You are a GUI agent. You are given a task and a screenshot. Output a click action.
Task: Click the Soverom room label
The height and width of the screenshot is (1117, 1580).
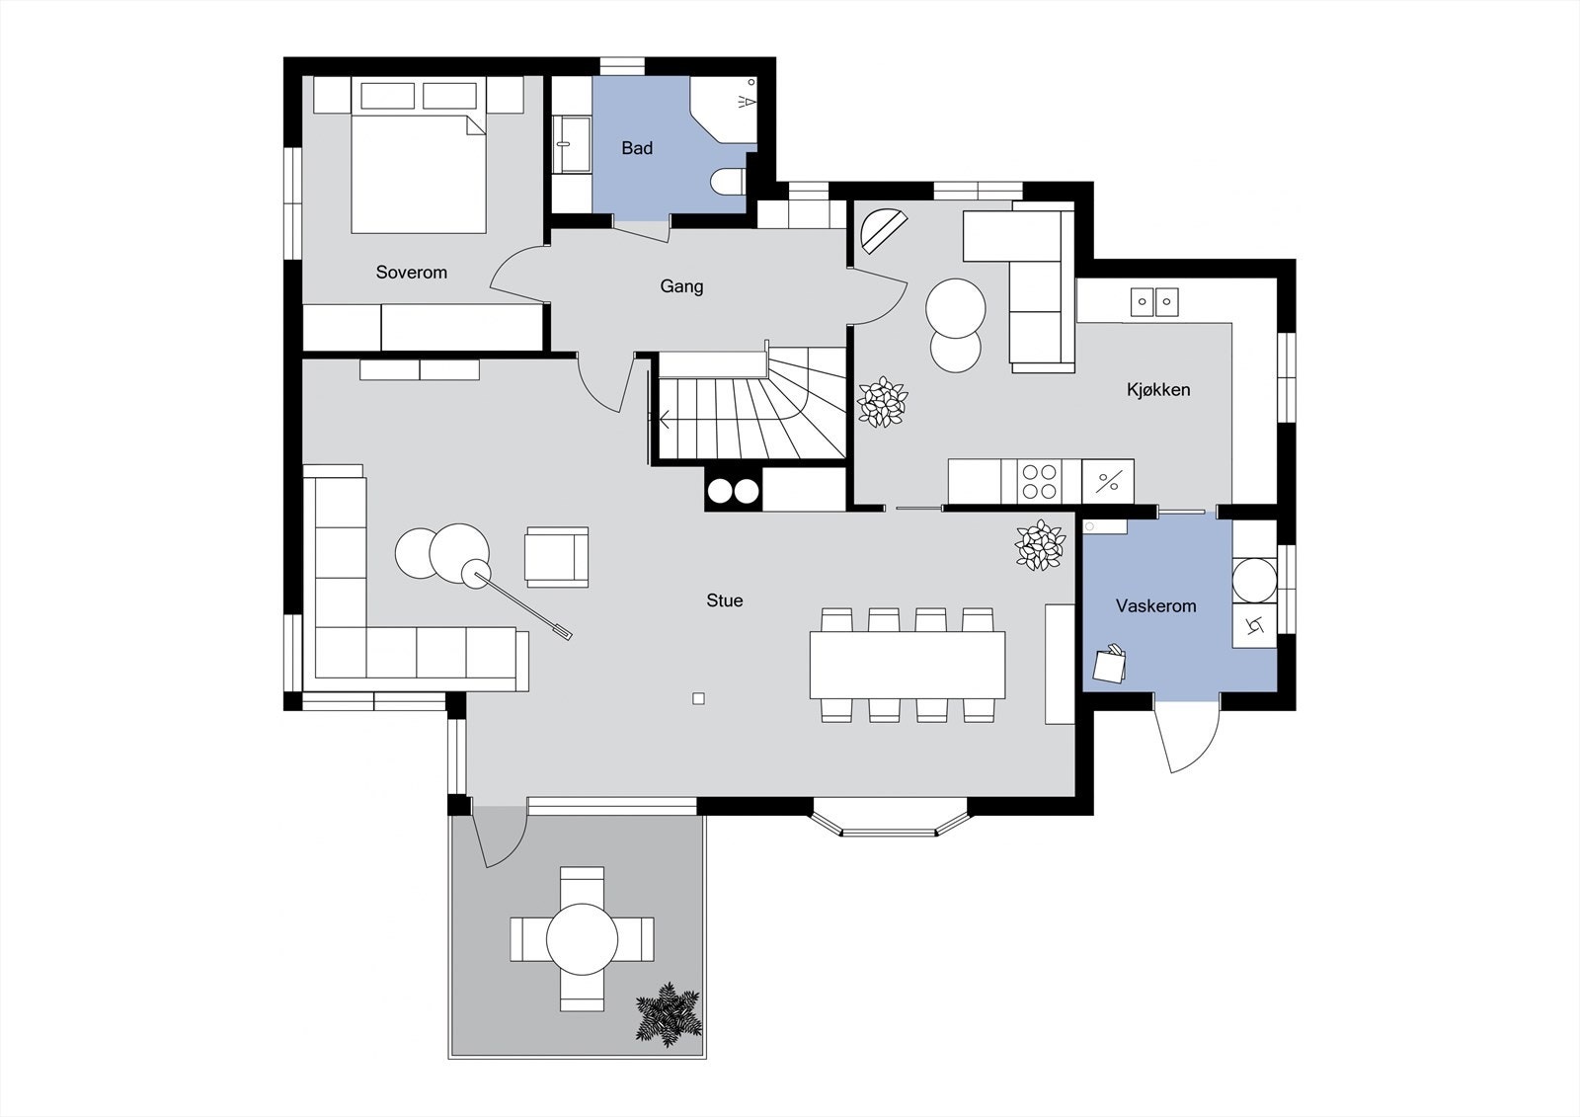click(x=411, y=273)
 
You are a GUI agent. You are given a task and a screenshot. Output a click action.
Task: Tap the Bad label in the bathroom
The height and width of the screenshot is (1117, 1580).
click(x=637, y=148)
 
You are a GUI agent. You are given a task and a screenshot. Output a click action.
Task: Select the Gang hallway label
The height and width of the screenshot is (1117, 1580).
click(x=681, y=286)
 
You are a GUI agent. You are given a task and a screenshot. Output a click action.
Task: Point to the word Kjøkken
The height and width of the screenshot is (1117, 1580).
click(x=1157, y=390)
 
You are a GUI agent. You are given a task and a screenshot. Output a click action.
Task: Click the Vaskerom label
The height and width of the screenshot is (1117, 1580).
click(x=1155, y=606)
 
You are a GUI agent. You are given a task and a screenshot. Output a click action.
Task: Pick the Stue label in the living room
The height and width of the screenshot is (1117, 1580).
click(x=724, y=600)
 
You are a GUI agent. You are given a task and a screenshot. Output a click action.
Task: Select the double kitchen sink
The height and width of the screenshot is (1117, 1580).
click(x=1153, y=301)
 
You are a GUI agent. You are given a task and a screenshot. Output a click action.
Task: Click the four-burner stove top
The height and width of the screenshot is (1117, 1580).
click(x=1040, y=482)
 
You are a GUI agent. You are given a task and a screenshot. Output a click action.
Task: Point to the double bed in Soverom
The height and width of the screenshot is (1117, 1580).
click(x=419, y=173)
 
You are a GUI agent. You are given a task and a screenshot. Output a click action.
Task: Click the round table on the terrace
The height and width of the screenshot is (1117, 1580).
click(x=582, y=938)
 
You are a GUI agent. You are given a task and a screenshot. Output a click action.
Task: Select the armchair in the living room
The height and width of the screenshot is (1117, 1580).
click(x=556, y=557)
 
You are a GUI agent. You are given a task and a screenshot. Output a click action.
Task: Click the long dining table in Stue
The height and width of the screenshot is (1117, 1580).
click(x=907, y=665)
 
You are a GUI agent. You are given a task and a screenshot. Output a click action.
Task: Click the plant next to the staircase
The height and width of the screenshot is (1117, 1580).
click(x=881, y=402)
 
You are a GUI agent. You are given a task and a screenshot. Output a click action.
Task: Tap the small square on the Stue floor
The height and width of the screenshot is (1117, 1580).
click(x=698, y=699)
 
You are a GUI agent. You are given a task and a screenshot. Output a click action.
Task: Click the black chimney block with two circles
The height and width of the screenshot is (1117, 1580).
click(x=733, y=491)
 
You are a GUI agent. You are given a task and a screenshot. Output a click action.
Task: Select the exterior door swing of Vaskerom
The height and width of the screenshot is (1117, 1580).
click(x=1189, y=736)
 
